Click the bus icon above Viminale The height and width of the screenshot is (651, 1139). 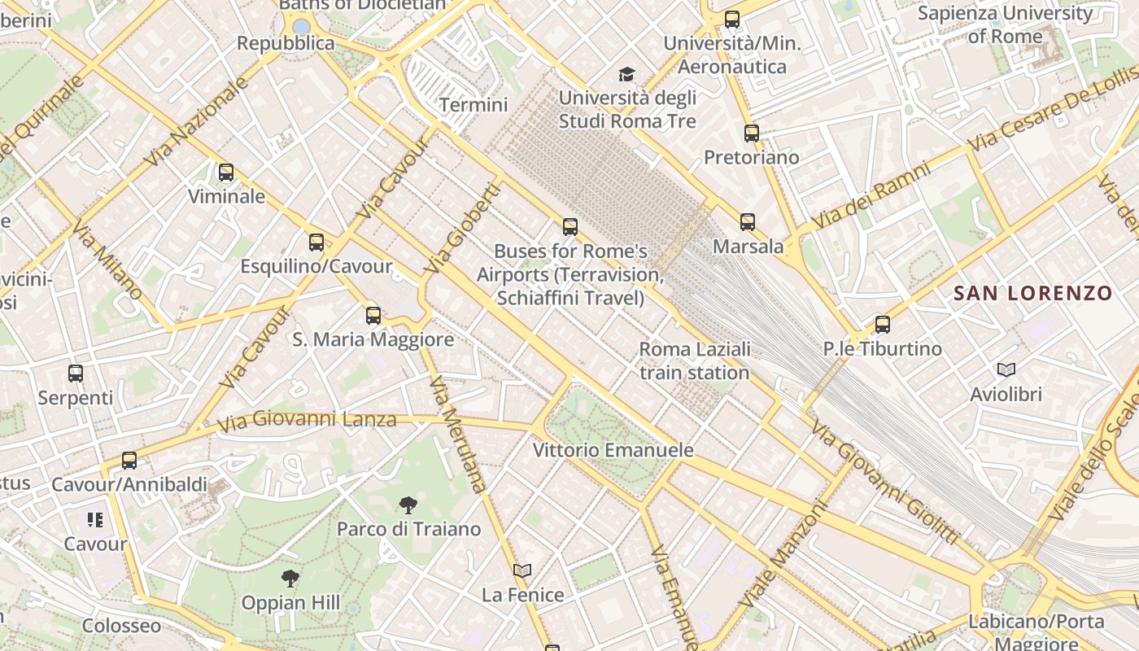point(226,173)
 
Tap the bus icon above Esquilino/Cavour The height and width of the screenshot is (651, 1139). point(316,242)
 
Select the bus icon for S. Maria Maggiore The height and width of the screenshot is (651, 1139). point(373,316)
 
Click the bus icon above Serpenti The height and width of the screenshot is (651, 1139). point(76,374)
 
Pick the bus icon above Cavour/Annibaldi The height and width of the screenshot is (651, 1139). point(129,461)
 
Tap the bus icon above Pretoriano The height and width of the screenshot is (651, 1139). point(752,133)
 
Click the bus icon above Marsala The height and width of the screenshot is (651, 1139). point(748,221)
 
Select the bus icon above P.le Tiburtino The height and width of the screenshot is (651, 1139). point(883,325)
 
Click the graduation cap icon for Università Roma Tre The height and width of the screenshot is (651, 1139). point(627,75)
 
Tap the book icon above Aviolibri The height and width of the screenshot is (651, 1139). point(1006,370)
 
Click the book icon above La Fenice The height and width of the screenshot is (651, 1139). point(522,570)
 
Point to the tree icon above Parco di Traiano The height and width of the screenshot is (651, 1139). point(408,505)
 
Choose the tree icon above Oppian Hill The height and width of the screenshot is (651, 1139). point(290,579)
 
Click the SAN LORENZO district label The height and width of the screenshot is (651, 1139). point(1032,293)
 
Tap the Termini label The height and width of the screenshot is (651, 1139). point(473,105)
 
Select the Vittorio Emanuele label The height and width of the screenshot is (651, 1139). point(613,450)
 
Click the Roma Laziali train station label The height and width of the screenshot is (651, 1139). point(694,361)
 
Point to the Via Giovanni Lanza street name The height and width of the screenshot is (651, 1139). point(308,420)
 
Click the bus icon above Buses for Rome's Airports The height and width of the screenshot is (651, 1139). point(570,227)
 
